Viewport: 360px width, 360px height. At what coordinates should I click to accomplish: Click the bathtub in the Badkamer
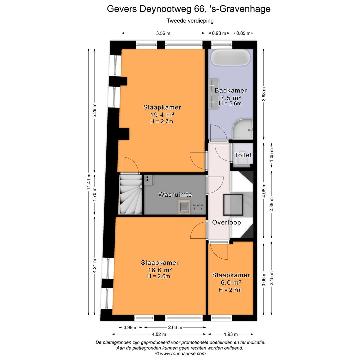[x=231, y=57]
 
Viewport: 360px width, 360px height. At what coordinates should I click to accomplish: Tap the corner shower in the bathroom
[x=243, y=130]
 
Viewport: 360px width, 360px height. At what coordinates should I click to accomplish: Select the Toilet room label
[x=243, y=155]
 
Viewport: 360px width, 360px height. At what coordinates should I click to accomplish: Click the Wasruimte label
[x=175, y=194]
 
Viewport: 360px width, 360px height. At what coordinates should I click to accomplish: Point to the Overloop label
[x=227, y=222]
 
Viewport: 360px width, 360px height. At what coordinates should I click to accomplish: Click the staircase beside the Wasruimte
[x=130, y=195]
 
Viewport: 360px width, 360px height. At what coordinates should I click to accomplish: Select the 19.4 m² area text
[x=162, y=115]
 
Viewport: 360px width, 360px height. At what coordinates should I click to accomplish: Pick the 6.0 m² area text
[x=231, y=282]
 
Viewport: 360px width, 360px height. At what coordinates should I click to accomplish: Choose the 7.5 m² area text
[x=231, y=98]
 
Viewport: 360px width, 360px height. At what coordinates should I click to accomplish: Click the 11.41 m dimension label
[x=89, y=182]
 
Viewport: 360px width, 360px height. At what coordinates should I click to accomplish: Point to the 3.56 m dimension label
[x=163, y=33]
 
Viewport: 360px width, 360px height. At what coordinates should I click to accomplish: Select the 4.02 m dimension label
[x=159, y=334]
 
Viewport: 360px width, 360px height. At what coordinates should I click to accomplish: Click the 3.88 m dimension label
[x=264, y=94]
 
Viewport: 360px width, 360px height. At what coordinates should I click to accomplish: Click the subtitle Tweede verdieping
[x=190, y=21]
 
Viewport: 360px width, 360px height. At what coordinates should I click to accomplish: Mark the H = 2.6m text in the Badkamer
[x=230, y=104]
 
